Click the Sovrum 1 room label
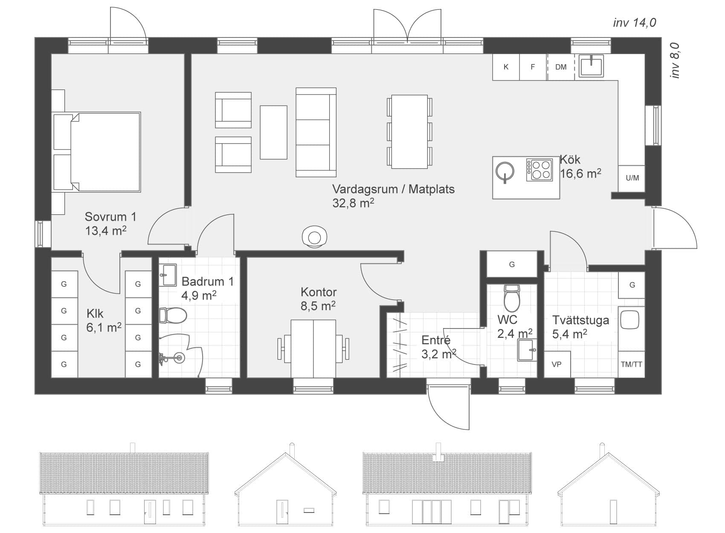[x=110, y=217]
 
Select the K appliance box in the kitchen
[x=506, y=67]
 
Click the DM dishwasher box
[x=561, y=67]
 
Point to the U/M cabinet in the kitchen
[x=632, y=178]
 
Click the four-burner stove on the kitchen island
[x=539, y=170]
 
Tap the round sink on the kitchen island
[x=505, y=172]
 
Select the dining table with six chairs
[x=409, y=131]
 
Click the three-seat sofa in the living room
[x=316, y=132]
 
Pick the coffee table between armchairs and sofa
[x=273, y=132]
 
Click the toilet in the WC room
[x=512, y=298]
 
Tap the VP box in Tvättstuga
[x=557, y=364]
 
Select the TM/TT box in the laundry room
[x=632, y=364]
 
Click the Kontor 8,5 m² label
[x=318, y=299]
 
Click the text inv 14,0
[x=634, y=23]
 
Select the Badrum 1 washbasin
[x=168, y=275]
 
